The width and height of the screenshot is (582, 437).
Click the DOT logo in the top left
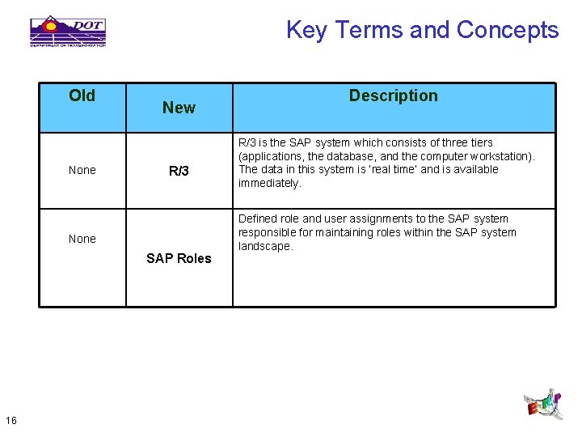coord(68,31)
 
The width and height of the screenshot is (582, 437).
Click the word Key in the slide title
coord(306,30)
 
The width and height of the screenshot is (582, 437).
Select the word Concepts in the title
coord(507,30)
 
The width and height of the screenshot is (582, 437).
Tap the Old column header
coord(82,95)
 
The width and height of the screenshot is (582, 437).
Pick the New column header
coord(179,108)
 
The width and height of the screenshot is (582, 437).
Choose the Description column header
coord(393,95)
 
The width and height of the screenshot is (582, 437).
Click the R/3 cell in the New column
coord(179,171)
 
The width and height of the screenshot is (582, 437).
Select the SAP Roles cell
coord(179,258)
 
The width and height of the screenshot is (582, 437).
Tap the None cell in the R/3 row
coord(82,170)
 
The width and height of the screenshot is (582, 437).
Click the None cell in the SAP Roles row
coord(82,239)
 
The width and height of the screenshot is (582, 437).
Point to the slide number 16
coord(11,419)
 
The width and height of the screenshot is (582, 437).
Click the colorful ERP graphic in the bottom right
coord(542,403)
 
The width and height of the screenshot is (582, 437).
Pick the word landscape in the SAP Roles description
coord(265,246)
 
